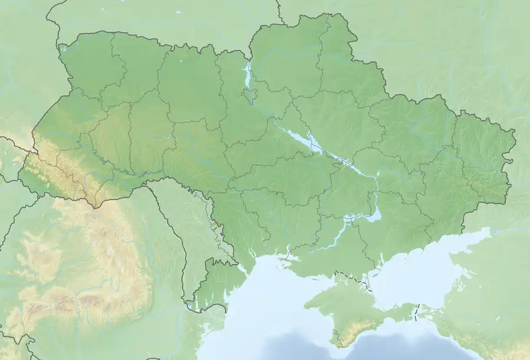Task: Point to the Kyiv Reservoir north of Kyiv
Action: coord(248,74)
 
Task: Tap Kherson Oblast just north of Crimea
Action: coord(336,253)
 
